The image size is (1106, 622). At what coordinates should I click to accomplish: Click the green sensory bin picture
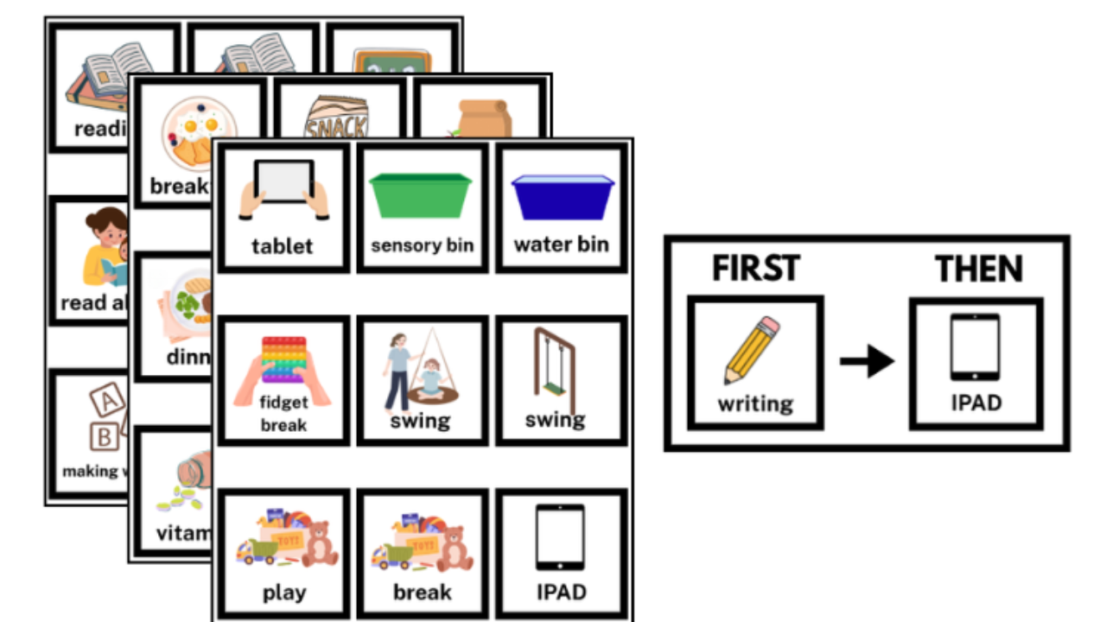[x=421, y=196]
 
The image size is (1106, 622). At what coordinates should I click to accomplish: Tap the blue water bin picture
[x=563, y=196]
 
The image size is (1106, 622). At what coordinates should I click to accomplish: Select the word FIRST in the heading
[x=756, y=270]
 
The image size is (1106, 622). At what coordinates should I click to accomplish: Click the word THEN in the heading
[x=978, y=270]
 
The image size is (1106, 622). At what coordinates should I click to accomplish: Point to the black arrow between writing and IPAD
[x=867, y=361]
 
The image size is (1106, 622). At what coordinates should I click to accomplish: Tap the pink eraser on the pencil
[x=772, y=327]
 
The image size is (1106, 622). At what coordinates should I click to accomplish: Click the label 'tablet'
[x=283, y=246]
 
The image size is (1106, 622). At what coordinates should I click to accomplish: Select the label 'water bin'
[x=562, y=244]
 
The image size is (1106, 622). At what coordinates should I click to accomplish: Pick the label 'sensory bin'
[x=423, y=245]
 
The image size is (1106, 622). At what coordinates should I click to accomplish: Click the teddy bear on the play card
[x=319, y=545]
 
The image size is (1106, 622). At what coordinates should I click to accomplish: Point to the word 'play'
[x=284, y=593]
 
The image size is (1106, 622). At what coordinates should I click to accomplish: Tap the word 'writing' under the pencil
[x=755, y=403]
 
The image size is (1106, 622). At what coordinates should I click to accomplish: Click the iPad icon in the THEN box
[x=976, y=347]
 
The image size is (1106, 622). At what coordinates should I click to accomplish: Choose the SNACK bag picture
[x=336, y=121]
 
